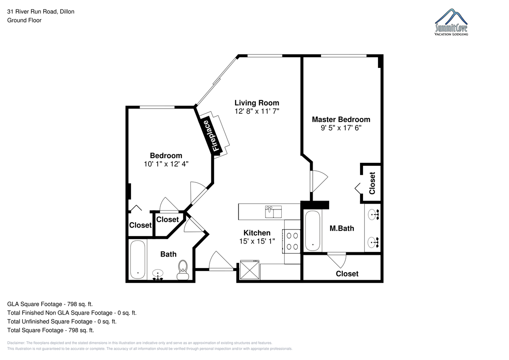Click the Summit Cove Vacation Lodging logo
[x=451, y=22]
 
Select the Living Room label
[x=257, y=103]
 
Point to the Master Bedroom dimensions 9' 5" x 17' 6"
[x=341, y=128]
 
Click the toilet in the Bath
[x=183, y=270]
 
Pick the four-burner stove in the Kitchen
[x=291, y=241]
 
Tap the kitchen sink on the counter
[x=273, y=212]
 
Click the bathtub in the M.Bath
[x=313, y=231]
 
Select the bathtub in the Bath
[x=138, y=260]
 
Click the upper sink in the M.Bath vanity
[x=373, y=215]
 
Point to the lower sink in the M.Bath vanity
[x=373, y=242]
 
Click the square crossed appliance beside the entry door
[x=249, y=270]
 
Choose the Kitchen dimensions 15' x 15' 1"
[x=257, y=241]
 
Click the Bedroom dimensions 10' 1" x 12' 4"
[x=166, y=164]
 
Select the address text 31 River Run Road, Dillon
[x=41, y=11]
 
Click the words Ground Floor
[x=24, y=20]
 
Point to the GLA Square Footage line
[x=50, y=304]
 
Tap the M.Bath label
[x=342, y=228]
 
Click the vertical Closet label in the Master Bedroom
[x=372, y=183]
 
